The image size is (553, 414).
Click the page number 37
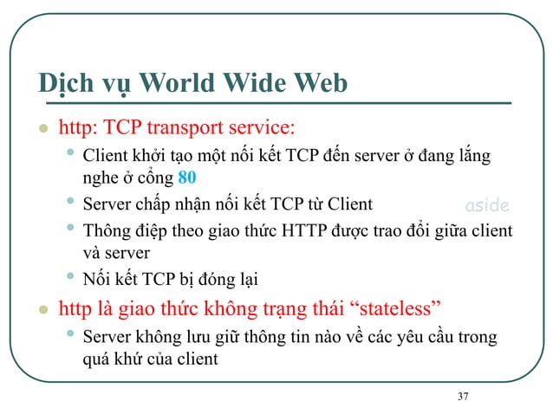point(462,397)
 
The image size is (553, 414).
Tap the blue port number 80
point(187,178)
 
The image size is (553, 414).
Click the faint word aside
point(488,206)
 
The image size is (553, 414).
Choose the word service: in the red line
point(261,130)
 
